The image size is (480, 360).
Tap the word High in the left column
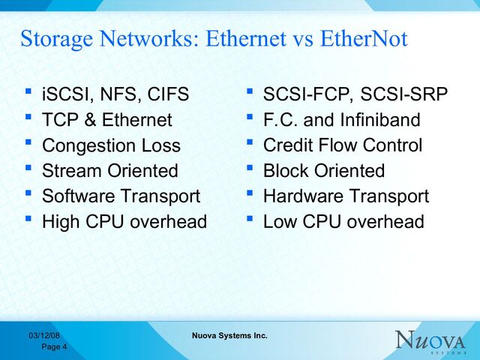tap(61, 222)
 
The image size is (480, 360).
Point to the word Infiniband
tap(380, 120)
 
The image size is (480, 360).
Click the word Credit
tap(287, 145)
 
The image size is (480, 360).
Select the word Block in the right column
tap(286, 171)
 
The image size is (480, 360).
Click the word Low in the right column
tap(280, 222)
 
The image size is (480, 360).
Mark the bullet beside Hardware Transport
tap(250, 193)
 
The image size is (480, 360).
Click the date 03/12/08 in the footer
tap(44, 334)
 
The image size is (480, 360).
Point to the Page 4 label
tap(54, 347)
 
